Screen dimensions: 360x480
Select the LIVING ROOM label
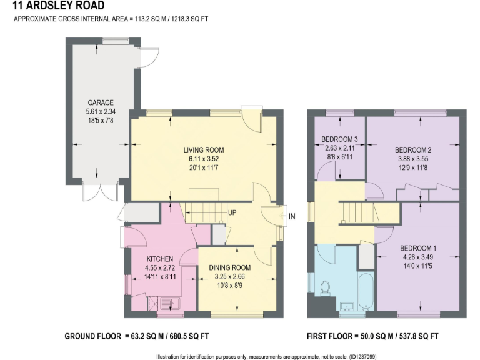click(203, 150)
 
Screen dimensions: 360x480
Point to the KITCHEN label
click(159, 259)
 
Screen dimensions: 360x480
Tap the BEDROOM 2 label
click(414, 150)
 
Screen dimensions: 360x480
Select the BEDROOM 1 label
click(418, 248)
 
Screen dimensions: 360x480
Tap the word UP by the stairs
click(231, 213)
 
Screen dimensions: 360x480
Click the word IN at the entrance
click(291, 217)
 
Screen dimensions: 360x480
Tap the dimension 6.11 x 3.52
click(203, 159)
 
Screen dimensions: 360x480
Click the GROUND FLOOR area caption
click(137, 336)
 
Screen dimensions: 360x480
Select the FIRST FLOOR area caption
click(372, 336)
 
